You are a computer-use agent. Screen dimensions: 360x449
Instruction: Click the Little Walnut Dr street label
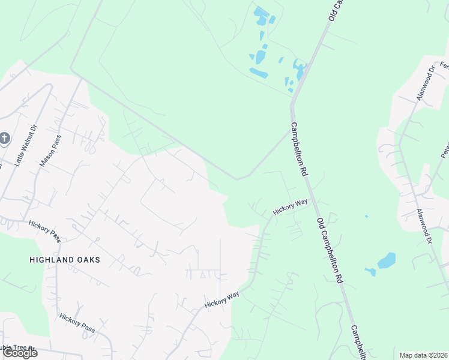[25, 145]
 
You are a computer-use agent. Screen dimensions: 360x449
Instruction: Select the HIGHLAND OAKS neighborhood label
[64, 260]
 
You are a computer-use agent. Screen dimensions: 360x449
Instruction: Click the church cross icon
[4, 139]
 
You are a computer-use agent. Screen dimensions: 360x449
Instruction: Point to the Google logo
[19, 353]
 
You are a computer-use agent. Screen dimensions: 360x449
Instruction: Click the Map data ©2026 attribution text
[424, 355]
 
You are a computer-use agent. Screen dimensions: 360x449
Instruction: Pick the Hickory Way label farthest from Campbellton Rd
[221, 299]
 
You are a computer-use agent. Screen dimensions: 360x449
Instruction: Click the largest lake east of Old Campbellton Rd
[387, 260]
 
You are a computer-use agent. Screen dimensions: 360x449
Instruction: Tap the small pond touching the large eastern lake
[370, 272]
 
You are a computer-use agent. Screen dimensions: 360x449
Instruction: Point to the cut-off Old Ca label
[335, 11]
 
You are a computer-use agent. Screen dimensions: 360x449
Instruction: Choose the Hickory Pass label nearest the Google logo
[77, 323]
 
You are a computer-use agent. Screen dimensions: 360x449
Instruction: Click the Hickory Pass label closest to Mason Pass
[44, 230]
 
